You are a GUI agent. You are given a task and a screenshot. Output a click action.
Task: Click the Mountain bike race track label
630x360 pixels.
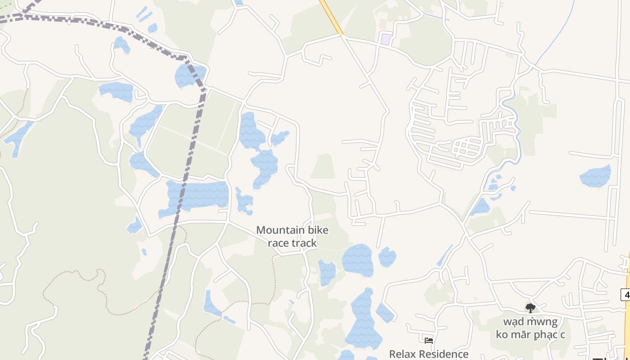click(292, 237)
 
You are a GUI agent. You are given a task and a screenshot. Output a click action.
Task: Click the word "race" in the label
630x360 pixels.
click(278, 243)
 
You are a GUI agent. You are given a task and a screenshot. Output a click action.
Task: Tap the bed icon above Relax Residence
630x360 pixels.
click(428, 341)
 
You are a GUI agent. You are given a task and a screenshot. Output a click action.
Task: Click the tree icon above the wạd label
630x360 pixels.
click(531, 308)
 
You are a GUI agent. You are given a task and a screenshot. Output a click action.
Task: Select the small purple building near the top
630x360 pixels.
click(386, 39)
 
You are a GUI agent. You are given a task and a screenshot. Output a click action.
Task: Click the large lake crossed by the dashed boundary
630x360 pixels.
click(198, 196)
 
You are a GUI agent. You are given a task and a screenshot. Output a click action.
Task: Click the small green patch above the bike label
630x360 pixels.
click(323, 166)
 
